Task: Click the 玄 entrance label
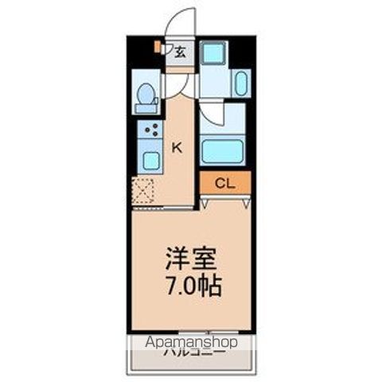point(181,53)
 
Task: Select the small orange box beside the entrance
point(158,48)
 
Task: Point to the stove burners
point(150,130)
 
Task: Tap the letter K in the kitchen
point(178,146)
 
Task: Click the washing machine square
point(212,53)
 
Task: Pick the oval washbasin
point(241,82)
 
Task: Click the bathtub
point(224,150)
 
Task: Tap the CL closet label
point(224,184)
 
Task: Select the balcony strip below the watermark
point(191,362)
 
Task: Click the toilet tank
point(146,90)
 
